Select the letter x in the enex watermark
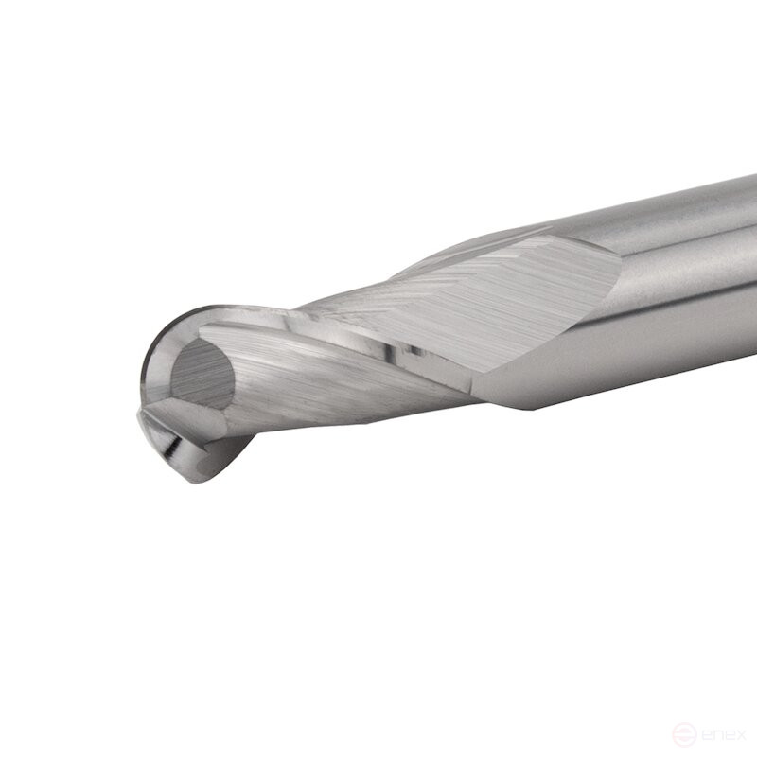(739, 736)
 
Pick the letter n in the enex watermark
(715, 736)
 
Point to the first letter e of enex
(703, 736)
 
